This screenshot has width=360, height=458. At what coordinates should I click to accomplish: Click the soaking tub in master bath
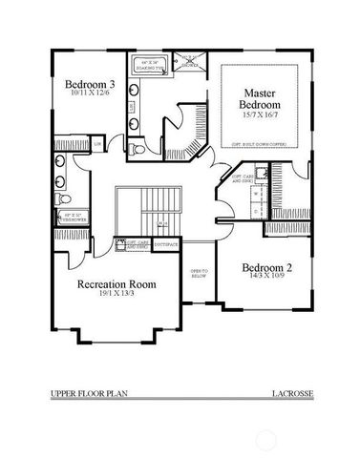[153, 65]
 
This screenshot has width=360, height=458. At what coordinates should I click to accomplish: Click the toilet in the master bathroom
[139, 150]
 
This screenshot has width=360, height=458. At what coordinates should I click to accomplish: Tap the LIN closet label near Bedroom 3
[97, 145]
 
